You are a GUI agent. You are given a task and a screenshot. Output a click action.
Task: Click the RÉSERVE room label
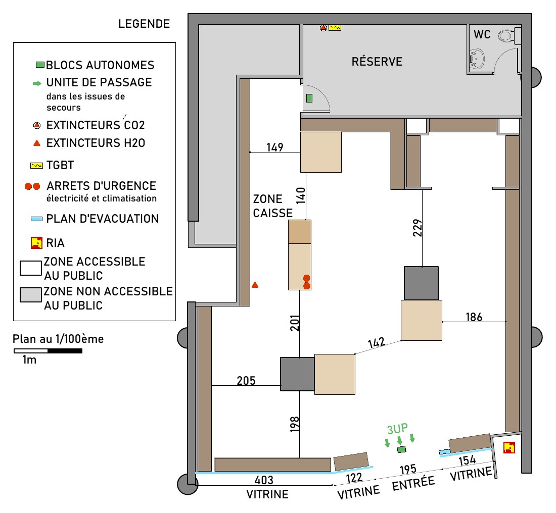377,61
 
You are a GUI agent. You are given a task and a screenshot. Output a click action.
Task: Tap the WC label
482,34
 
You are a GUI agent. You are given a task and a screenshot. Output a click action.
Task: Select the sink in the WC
477,59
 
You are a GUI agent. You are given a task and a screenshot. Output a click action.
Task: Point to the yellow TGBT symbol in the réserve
335,27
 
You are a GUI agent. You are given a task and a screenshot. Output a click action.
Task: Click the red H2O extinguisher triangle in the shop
255,284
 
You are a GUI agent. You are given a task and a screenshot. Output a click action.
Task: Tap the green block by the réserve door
309,98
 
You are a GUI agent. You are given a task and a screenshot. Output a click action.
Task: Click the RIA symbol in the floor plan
509,447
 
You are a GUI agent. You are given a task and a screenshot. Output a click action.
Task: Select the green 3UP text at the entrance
397,429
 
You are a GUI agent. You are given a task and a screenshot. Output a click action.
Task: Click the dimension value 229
418,228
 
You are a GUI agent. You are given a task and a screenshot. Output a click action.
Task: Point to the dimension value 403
264,480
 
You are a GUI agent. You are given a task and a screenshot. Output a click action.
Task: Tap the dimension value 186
474,317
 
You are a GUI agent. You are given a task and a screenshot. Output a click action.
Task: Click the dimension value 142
376,343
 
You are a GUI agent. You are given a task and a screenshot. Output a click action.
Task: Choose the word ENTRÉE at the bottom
413,483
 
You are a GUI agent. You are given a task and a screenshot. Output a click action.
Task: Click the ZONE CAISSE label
272,206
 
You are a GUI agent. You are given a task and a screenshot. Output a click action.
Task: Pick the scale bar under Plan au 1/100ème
48,351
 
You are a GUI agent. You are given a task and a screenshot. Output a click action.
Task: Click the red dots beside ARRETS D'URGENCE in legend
32,186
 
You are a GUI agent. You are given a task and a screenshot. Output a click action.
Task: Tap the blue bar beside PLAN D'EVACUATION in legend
36,219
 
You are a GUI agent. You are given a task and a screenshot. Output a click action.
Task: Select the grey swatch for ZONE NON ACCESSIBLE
30,295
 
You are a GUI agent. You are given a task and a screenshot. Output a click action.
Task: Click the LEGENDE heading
144,24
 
